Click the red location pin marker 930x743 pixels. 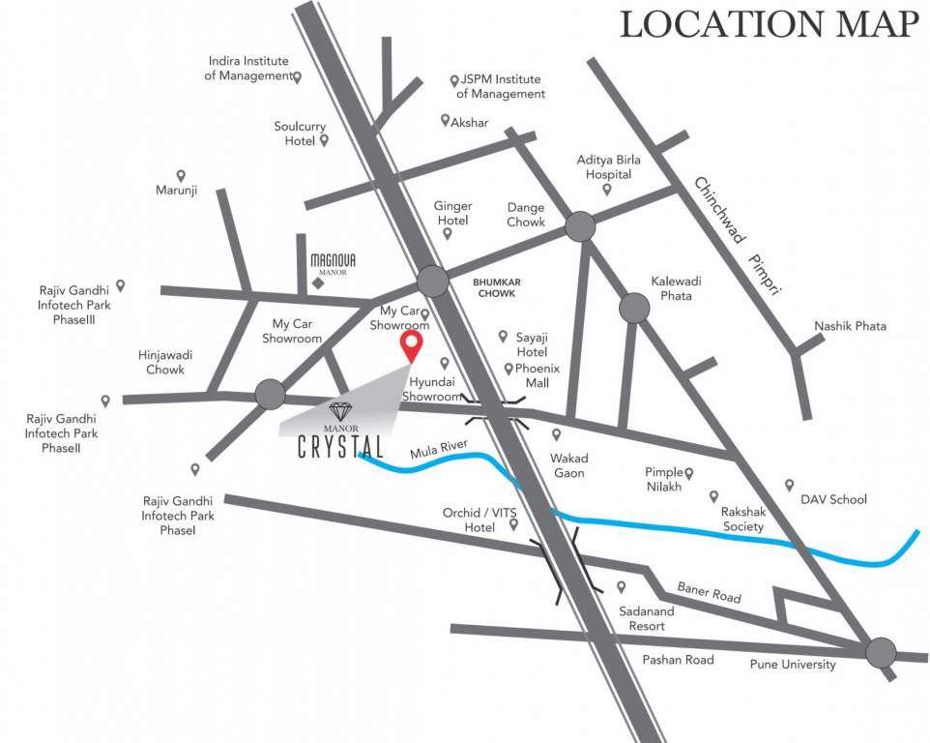click(412, 345)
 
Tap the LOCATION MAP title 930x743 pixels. click(769, 25)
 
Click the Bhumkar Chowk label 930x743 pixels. click(494, 286)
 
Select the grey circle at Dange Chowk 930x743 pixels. click(580, 226)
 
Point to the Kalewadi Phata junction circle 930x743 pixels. click(634, 308)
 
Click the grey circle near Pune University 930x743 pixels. click(881, 653)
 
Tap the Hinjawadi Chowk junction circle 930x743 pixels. click(270, 394)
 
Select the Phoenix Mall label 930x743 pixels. click(532, 375)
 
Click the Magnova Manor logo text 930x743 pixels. click(328, 263)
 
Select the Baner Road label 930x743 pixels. click(709, 592)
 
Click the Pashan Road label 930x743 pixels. click(678, 660)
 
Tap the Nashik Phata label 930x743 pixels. click(850, 326)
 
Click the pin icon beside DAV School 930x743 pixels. click(789, 485)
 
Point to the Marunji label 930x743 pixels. click(176, 191)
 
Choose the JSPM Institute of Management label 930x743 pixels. click(501, 87)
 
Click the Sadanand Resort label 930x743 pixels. click(641, 618)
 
